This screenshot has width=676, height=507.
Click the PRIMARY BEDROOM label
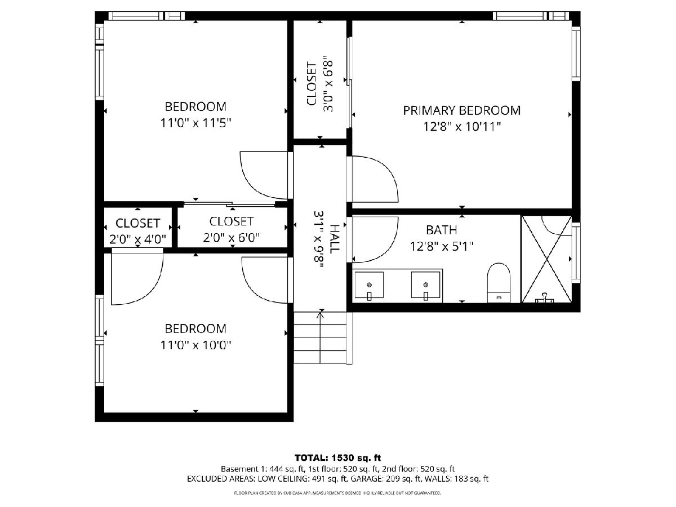(x=461, y=110)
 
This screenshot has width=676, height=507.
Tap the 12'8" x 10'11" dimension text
(x=461, y=127)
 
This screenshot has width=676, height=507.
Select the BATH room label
(x=441, y=230)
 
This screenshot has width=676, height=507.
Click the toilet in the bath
(x=499, y=283)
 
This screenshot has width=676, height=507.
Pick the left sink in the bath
(x=369, y=285)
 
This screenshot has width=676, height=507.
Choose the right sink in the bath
(x=426, y=285)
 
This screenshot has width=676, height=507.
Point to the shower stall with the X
(x=546, y=259)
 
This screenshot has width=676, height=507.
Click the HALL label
(x=335, y=239)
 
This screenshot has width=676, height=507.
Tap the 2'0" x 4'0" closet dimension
(x=137, y=239)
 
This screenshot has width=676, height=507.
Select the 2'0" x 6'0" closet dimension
(x=232, y=238)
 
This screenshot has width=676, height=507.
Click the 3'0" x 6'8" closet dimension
(x=328, y=86)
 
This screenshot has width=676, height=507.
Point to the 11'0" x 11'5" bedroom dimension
(x=195, y=123)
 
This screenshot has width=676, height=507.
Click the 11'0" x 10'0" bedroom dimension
(x=195, y=345)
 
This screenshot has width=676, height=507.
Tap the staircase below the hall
(x=321, y=337)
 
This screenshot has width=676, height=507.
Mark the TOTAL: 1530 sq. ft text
(x=338, y=458)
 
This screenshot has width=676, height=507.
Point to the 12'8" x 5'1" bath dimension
(x=442, y=247)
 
